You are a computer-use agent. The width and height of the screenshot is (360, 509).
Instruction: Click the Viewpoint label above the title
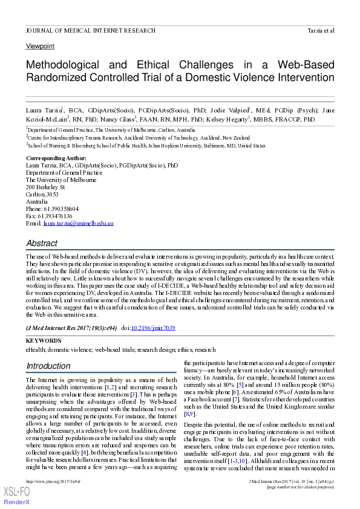pos(40,46)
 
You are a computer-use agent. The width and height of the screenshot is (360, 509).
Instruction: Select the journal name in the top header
pos(90,30)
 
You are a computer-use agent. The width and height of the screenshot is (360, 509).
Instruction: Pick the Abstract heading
pos(42,243)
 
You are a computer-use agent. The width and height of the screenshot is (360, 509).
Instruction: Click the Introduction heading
pos(48,366)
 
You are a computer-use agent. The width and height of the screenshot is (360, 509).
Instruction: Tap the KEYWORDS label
pos(44,341)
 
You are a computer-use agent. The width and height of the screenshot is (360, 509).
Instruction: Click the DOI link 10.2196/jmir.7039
pos(154,327)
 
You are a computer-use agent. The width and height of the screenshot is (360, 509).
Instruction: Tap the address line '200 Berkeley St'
pos(45,187)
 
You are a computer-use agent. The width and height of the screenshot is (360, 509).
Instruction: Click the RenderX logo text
pos(17,503)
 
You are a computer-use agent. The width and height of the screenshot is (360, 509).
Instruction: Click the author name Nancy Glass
pos(143,120)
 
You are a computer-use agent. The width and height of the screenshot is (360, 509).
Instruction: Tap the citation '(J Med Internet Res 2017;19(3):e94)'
pos(71,327)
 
